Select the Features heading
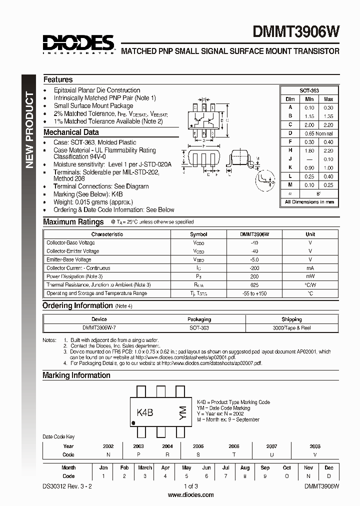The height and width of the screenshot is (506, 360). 58,79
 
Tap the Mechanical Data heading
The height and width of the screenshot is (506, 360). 71,132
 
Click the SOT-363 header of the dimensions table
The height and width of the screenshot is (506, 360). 309,90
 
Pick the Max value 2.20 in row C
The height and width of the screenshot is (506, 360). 328,125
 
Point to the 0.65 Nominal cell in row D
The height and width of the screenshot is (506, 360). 318,133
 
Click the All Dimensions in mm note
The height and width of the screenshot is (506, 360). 309,202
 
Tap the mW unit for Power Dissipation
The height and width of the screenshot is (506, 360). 310,276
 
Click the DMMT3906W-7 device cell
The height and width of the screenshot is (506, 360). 99,327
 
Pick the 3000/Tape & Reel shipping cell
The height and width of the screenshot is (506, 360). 291,327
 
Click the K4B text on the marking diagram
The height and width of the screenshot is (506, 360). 145,412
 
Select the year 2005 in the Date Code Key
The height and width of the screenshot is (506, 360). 198,446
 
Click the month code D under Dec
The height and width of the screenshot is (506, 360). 329,476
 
